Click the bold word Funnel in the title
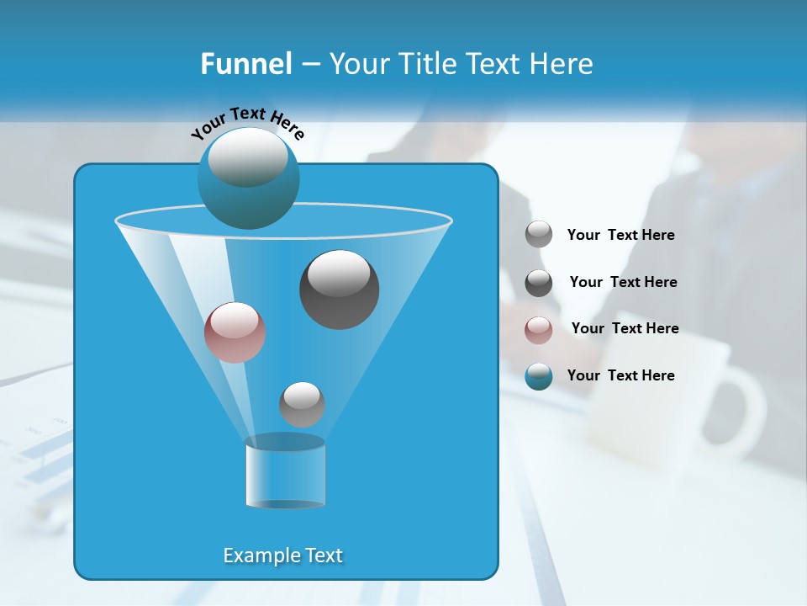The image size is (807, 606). pyautogui.click(x=245, y=64)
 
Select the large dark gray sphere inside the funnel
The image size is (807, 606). pyautogui.click(x=339, y=290)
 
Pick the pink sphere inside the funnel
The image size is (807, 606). pyautogui.click(x=235, y=332)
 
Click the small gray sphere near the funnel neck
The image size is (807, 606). pyautogui.click(x=302, y=404)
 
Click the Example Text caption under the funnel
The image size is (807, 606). pyautogui.click(x=282, y=555)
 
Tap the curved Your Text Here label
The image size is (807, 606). pyautogui.click(x=247, y=123)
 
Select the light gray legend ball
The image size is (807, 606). pyautogui.click(x=539, y=235)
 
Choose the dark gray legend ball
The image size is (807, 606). pyautogui.click(x=539, y=283)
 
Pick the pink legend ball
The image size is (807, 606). pyautogui.click(x=539, y=329)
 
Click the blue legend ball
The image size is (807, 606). pyautogui.click(x=539, y=376)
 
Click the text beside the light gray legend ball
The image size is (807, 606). pyautogui.click(x=620, y=236)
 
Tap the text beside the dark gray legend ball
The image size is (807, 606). pyautogui.click(x=623, y=283)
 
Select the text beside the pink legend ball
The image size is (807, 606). pyautogui.click(x=625, y=329)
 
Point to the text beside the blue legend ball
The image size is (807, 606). pyautogui.click(x=620, y=376)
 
